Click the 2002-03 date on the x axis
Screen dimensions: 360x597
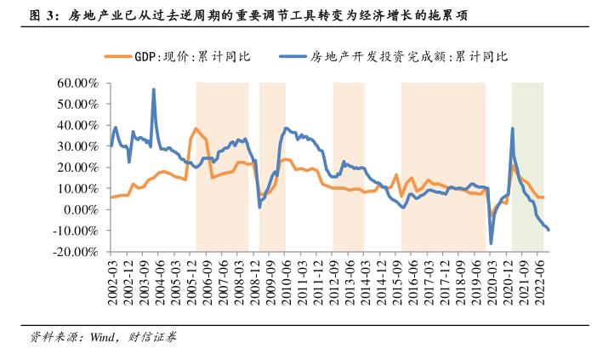coord(113,275)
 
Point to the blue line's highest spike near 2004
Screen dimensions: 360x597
coord(154,89)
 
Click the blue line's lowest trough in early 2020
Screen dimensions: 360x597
coord(491,243)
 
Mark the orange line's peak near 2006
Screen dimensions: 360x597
coord(196,129)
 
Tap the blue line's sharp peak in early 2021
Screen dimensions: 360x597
coord(512,129)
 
